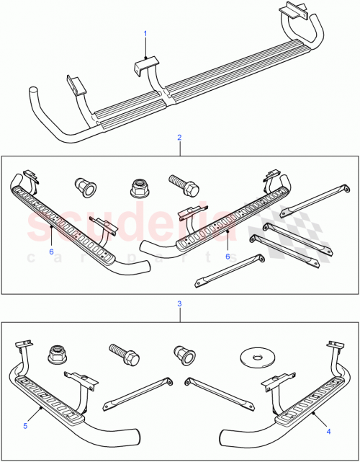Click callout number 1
[x=145, y=34]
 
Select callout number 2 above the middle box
[x=179, y=137]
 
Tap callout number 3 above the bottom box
[x=179, y=304]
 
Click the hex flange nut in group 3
[x=57, y=355]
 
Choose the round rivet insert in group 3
[x=183, y=354]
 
